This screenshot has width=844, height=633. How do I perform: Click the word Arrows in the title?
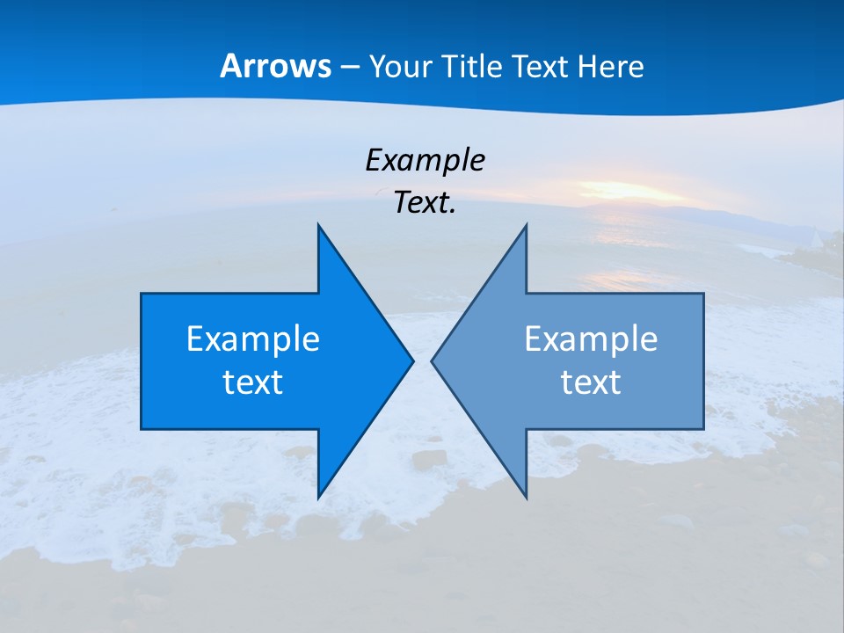click(x=275, y=66)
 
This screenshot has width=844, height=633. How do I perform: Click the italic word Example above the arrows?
click(x=425, y=160)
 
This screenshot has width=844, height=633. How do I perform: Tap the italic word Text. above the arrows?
click(x=425, y=202)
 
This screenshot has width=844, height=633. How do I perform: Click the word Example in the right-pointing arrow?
click(x=253, y=338)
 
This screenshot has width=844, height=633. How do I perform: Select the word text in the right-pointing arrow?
click(x=253, y=382)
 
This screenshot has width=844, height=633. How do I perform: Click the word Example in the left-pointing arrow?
click(x=591, y=338)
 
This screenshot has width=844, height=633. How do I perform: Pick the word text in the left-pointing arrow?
click(x=591, y=382)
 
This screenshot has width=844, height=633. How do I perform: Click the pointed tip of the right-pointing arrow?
click(x=411, y=360)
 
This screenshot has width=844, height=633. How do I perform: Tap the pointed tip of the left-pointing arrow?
click(x=433, y=360)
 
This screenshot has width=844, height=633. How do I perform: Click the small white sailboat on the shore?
click(x=816, y=238)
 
